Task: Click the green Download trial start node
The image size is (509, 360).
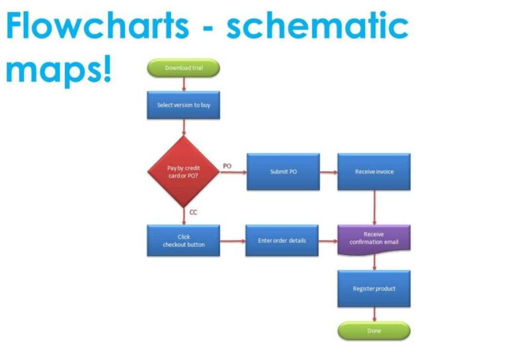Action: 183,68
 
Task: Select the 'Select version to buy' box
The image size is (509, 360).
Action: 183,105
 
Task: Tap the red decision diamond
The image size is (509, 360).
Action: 183,172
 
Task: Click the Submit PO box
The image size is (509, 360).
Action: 283,172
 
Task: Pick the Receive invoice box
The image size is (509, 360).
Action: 374,172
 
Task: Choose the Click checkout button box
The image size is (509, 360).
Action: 183,240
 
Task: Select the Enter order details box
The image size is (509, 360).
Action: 282,240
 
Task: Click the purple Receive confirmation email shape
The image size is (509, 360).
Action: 374,238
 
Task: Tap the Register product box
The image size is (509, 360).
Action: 374,288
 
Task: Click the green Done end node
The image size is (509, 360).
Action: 374,330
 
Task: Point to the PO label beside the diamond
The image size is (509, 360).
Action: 227,166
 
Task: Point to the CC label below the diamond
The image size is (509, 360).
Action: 194,212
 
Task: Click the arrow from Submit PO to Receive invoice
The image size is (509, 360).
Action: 328,172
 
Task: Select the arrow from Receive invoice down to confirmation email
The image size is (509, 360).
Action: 374,207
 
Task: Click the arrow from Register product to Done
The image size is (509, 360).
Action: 374,314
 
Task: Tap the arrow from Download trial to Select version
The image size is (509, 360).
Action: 184,84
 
